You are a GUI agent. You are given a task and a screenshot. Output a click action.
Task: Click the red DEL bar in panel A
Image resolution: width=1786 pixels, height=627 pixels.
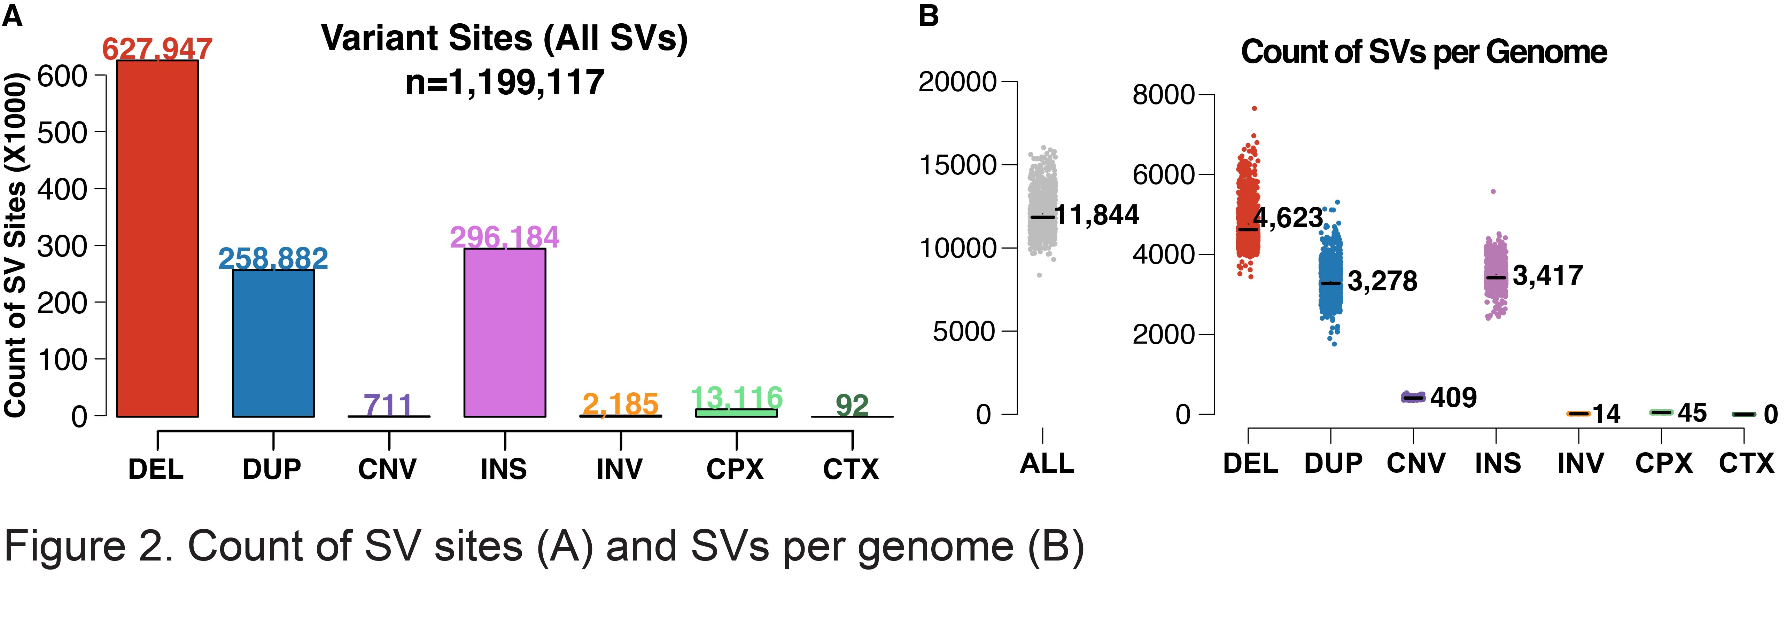(157, 239)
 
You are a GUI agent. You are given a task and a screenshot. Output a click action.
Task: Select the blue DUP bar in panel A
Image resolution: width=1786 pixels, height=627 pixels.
(273, 343)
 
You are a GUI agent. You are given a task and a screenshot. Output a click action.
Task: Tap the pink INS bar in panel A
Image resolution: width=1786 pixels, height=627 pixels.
(505, 332)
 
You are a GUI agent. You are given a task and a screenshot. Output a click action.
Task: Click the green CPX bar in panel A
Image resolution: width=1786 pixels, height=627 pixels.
(736, 413)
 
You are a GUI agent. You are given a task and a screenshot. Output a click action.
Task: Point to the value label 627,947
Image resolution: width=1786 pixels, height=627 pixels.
(157, 48)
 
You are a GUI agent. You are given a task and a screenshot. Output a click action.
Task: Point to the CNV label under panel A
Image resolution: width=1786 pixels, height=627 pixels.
(387, 469)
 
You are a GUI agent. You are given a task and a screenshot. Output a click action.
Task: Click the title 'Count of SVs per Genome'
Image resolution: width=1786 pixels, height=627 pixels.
(1423, 52)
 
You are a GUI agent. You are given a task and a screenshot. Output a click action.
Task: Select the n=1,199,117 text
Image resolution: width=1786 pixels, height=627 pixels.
(505, 82)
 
